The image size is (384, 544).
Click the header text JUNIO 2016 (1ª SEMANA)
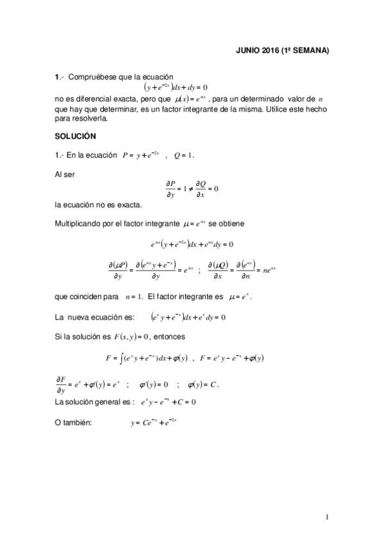coord(282,51)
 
